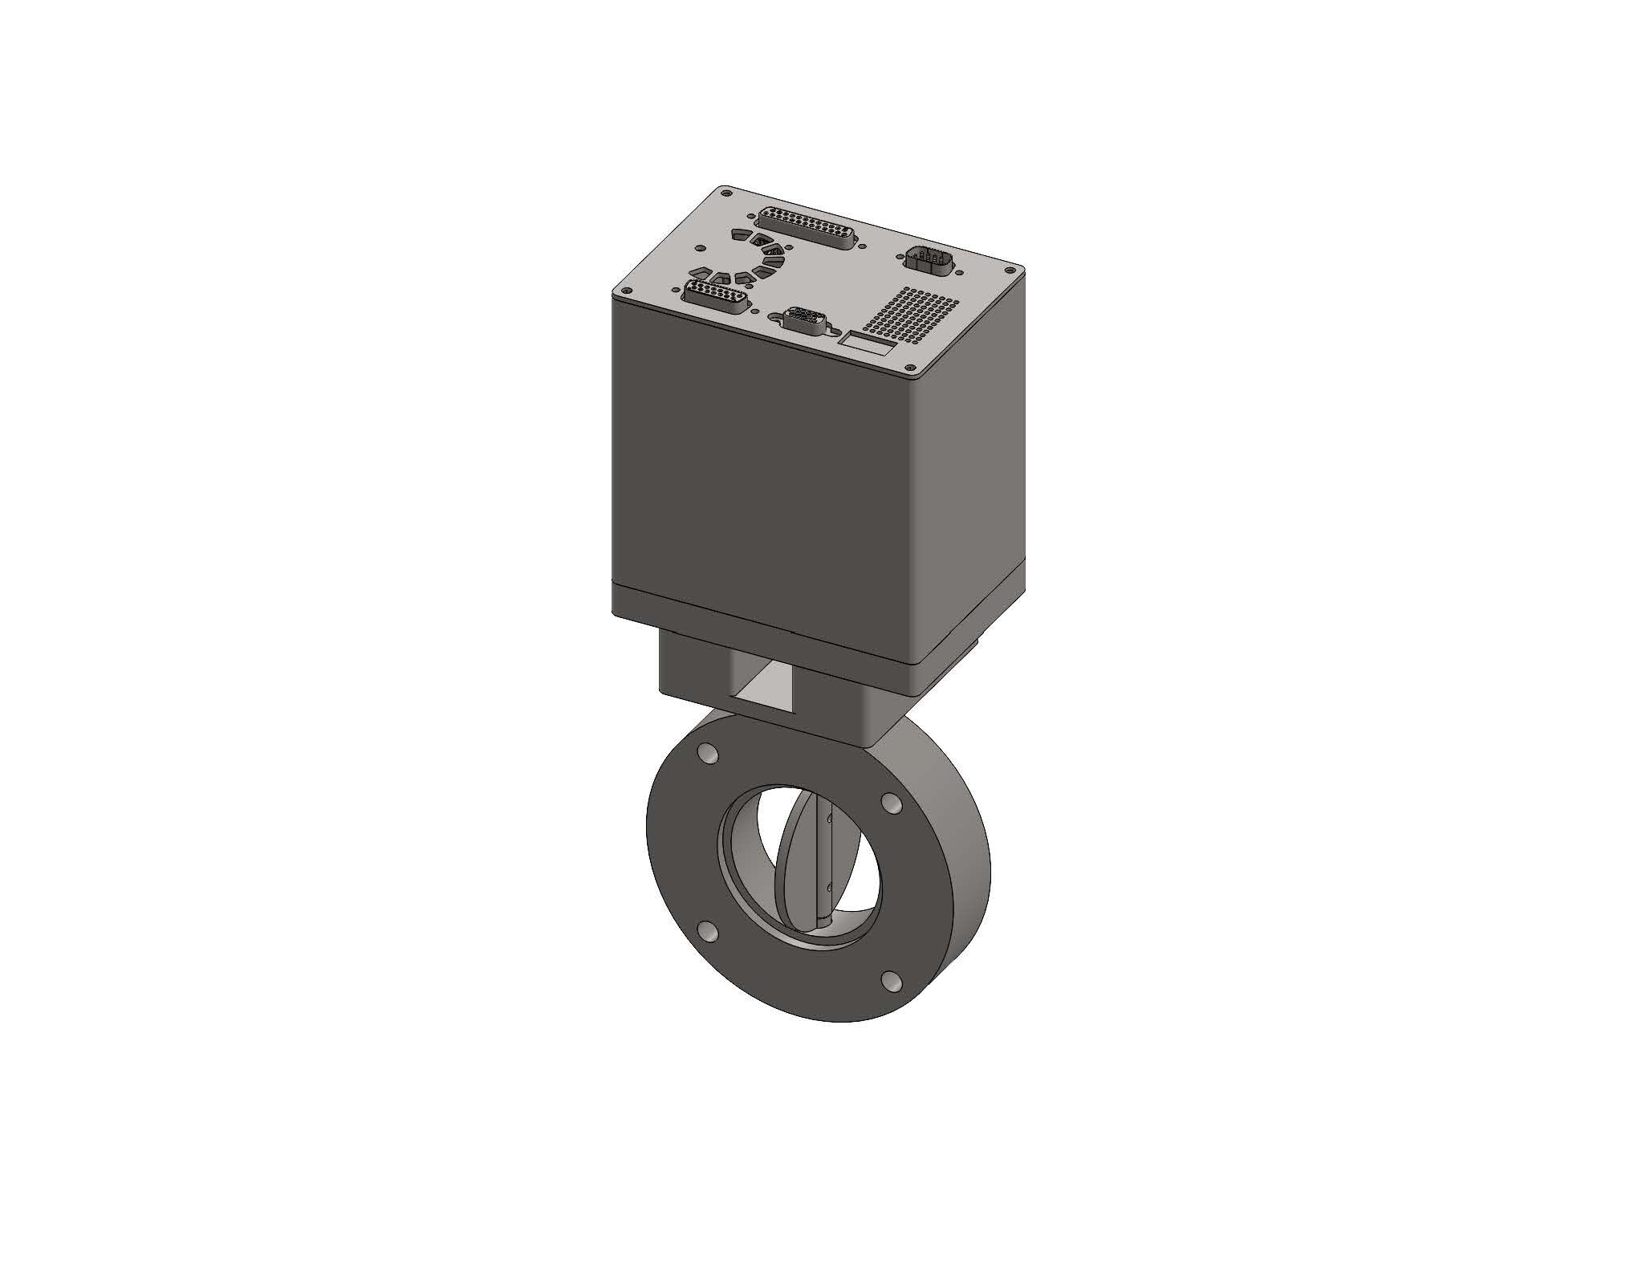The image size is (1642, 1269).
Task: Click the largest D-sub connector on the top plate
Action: pyautogui.click(x=808, y=227)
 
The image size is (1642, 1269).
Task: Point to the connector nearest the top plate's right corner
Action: pyautogui.click(x=929, y=260)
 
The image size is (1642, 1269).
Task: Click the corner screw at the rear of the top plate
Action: pyautogui.click(x=725, y=192)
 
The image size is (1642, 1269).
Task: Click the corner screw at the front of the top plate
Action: pyautogui.click(x=915, y=372)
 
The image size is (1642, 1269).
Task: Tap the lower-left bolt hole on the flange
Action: pyautogui.click(x=708, y=931)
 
